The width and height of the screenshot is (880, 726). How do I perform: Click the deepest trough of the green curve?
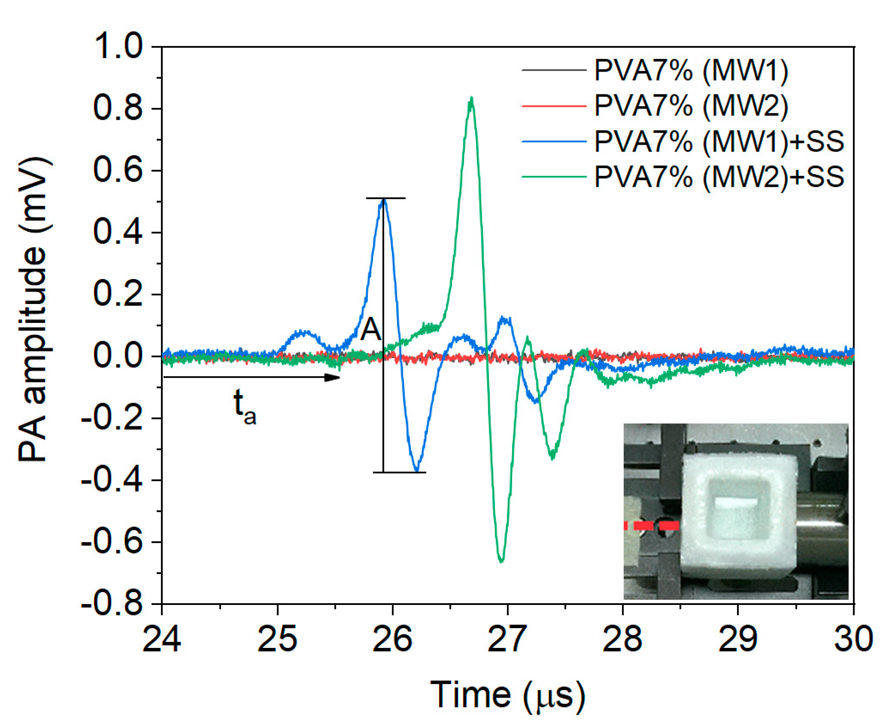pyautogui.click(x=501, y=560)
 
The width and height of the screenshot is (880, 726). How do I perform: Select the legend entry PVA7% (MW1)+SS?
pyautogui.click(x=719, y=141)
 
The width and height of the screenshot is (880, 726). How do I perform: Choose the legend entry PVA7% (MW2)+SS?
pyautogui.click(x=719, y=176)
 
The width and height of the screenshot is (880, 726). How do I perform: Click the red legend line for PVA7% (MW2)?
pyautogui.click(x=554, y=106)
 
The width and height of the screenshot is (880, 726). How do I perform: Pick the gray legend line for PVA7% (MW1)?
pyautogui.click(x=554, y=70)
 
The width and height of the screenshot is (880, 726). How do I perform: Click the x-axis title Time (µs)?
pyautogui.click(x=507, y=695)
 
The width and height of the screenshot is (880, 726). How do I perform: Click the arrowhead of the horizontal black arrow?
pyautogui.click(x=333, y=377)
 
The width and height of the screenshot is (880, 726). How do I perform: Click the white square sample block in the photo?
pyautogui.click(x=738, y=515)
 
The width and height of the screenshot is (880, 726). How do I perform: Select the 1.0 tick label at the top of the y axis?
pyautogui.click(x=118, y=46)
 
